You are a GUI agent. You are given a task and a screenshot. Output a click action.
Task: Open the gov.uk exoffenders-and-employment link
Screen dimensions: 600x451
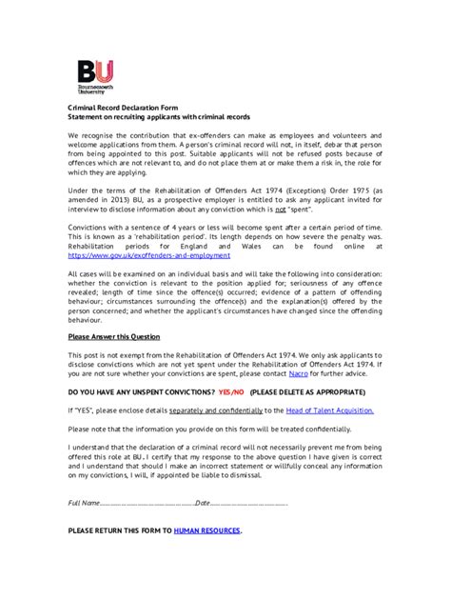(149, 255)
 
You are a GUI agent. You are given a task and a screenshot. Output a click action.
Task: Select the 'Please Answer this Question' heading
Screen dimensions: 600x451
(114, 336)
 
